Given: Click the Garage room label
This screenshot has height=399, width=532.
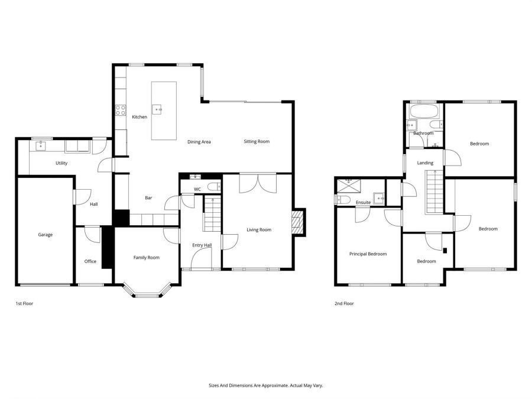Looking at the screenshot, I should (x=46, y=235).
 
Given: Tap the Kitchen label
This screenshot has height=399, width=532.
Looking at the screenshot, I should (x=140, y=117).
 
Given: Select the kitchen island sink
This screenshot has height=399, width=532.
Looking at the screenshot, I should (x=158, y=109).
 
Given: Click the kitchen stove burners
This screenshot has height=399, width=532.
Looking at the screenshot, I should (x=120, y=109).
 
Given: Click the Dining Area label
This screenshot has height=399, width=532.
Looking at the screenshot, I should (x=199, y=142).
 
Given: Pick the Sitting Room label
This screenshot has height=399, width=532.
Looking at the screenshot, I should (x=257, y=142).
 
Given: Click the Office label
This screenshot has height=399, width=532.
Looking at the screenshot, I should (x=90, y=261).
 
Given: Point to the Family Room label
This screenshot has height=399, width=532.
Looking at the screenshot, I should (x=146, y=257).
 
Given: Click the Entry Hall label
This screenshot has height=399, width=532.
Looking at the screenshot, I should (x=202, y=245).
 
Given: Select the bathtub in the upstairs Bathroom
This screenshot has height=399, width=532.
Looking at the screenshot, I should (x=423, y=112).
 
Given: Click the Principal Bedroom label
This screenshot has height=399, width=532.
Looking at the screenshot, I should (x=368, y=254).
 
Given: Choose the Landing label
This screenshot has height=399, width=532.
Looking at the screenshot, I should (x=425, y=163).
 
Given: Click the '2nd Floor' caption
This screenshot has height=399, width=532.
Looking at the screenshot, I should (x=344, y=303).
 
